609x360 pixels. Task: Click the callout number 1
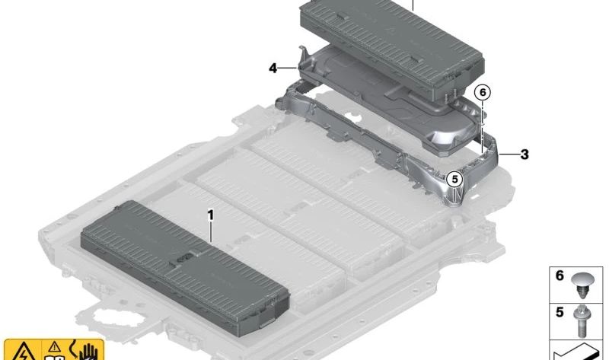211,215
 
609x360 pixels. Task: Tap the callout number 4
273,68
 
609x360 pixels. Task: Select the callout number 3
525,155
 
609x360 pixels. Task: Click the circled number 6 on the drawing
483,92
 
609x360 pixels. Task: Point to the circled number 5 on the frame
454,180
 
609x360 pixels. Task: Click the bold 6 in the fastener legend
560,276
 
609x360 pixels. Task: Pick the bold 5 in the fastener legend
560,312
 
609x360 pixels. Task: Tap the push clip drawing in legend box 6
582,285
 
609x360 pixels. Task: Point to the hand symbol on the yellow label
88,352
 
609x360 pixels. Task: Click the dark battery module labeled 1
185,268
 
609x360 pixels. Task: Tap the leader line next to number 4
288,68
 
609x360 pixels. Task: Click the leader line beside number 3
509,155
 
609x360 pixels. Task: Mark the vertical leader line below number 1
211,232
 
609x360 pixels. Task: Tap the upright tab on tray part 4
302,54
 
